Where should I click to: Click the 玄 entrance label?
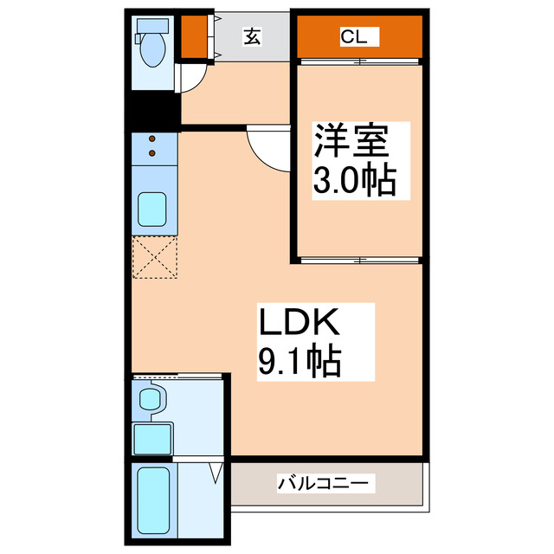[252, 36]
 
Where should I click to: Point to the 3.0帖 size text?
[353, 181]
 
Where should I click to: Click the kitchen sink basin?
[153, 210]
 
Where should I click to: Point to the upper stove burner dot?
[153, 138]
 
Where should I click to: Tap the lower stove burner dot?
[153, 153]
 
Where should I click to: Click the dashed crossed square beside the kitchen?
[154, 258]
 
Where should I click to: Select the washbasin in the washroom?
[152, 401]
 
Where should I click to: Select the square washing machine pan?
[153, 439]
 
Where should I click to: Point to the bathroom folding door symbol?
[216, 473]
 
